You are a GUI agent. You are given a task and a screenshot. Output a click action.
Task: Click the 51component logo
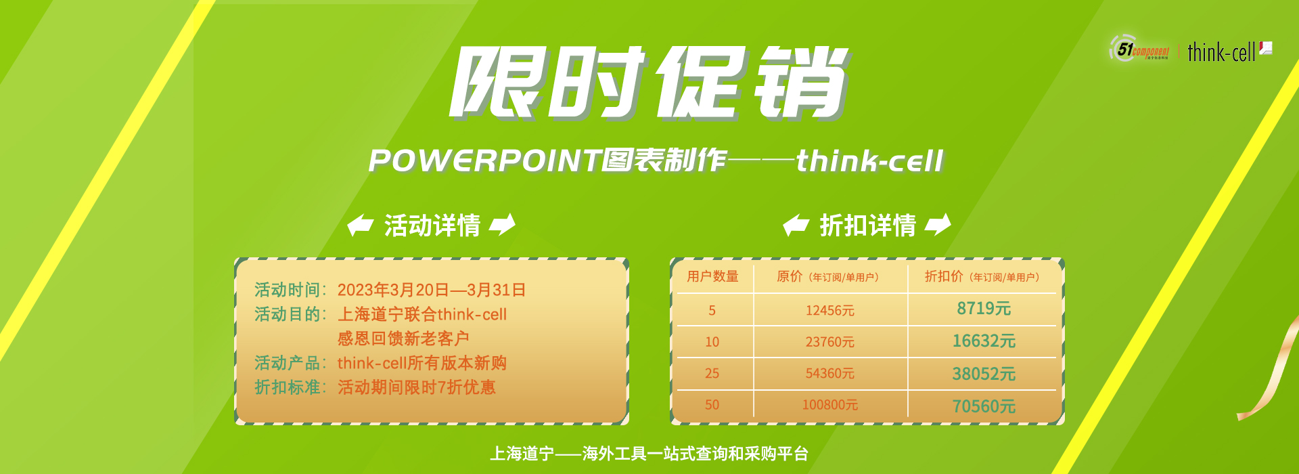[1139, 49]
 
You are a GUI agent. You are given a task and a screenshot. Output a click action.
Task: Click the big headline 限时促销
[650, 83]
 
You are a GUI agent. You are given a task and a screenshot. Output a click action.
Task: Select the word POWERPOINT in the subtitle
[485, 161]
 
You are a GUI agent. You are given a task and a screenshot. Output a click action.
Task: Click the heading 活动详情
[432, 225]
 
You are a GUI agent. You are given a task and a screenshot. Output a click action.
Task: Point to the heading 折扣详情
[868, 225]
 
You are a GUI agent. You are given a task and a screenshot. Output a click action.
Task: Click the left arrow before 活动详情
[360, 225]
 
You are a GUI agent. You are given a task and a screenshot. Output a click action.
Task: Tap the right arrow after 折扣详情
[938, 225]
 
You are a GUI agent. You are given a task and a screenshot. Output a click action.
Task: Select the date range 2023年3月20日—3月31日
[432, 290]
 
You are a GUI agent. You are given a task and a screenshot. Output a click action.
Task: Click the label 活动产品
[287, 363]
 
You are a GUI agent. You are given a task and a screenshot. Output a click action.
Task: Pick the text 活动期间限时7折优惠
[417, 387]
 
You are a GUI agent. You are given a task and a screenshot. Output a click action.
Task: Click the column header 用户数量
[712, 276]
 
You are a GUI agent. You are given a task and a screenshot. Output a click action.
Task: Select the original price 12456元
[830, 310]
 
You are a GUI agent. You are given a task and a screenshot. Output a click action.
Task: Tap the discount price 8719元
[984, 309]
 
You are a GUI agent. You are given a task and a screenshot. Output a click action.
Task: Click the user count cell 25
[712, 373]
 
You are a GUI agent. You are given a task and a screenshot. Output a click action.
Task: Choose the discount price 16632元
[984, 341]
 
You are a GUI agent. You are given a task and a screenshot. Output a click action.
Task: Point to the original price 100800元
[830, 405]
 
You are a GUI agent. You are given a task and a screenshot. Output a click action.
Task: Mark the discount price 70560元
[984, 406]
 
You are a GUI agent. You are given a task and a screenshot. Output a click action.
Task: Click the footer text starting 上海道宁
[649, 454]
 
